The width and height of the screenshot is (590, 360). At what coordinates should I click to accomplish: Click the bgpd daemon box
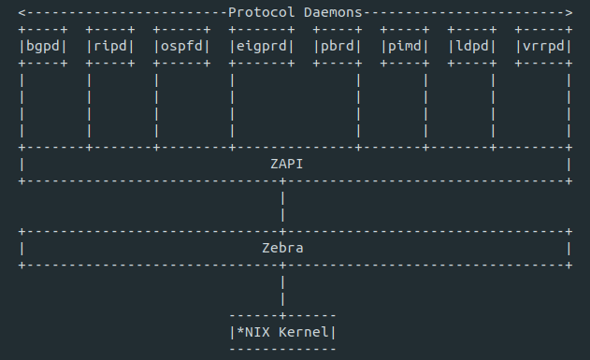point(43,46)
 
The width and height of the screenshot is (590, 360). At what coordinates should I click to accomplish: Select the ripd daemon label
point(110,46)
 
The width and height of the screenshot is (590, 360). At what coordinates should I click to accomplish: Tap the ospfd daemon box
point(181,46)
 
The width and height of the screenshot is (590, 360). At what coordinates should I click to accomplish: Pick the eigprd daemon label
point(262,46)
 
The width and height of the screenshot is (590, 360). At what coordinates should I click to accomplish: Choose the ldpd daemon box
point(472,46)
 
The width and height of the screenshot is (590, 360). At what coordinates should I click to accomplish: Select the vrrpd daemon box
point(543,46)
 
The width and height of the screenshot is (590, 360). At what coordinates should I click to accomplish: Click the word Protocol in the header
point(257,13)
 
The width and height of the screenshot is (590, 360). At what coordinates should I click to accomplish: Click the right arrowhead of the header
point(568,13)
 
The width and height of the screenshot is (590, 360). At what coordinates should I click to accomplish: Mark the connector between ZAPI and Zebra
point(282,206)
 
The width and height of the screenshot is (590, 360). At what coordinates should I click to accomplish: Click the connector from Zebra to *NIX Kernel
point(282,290)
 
